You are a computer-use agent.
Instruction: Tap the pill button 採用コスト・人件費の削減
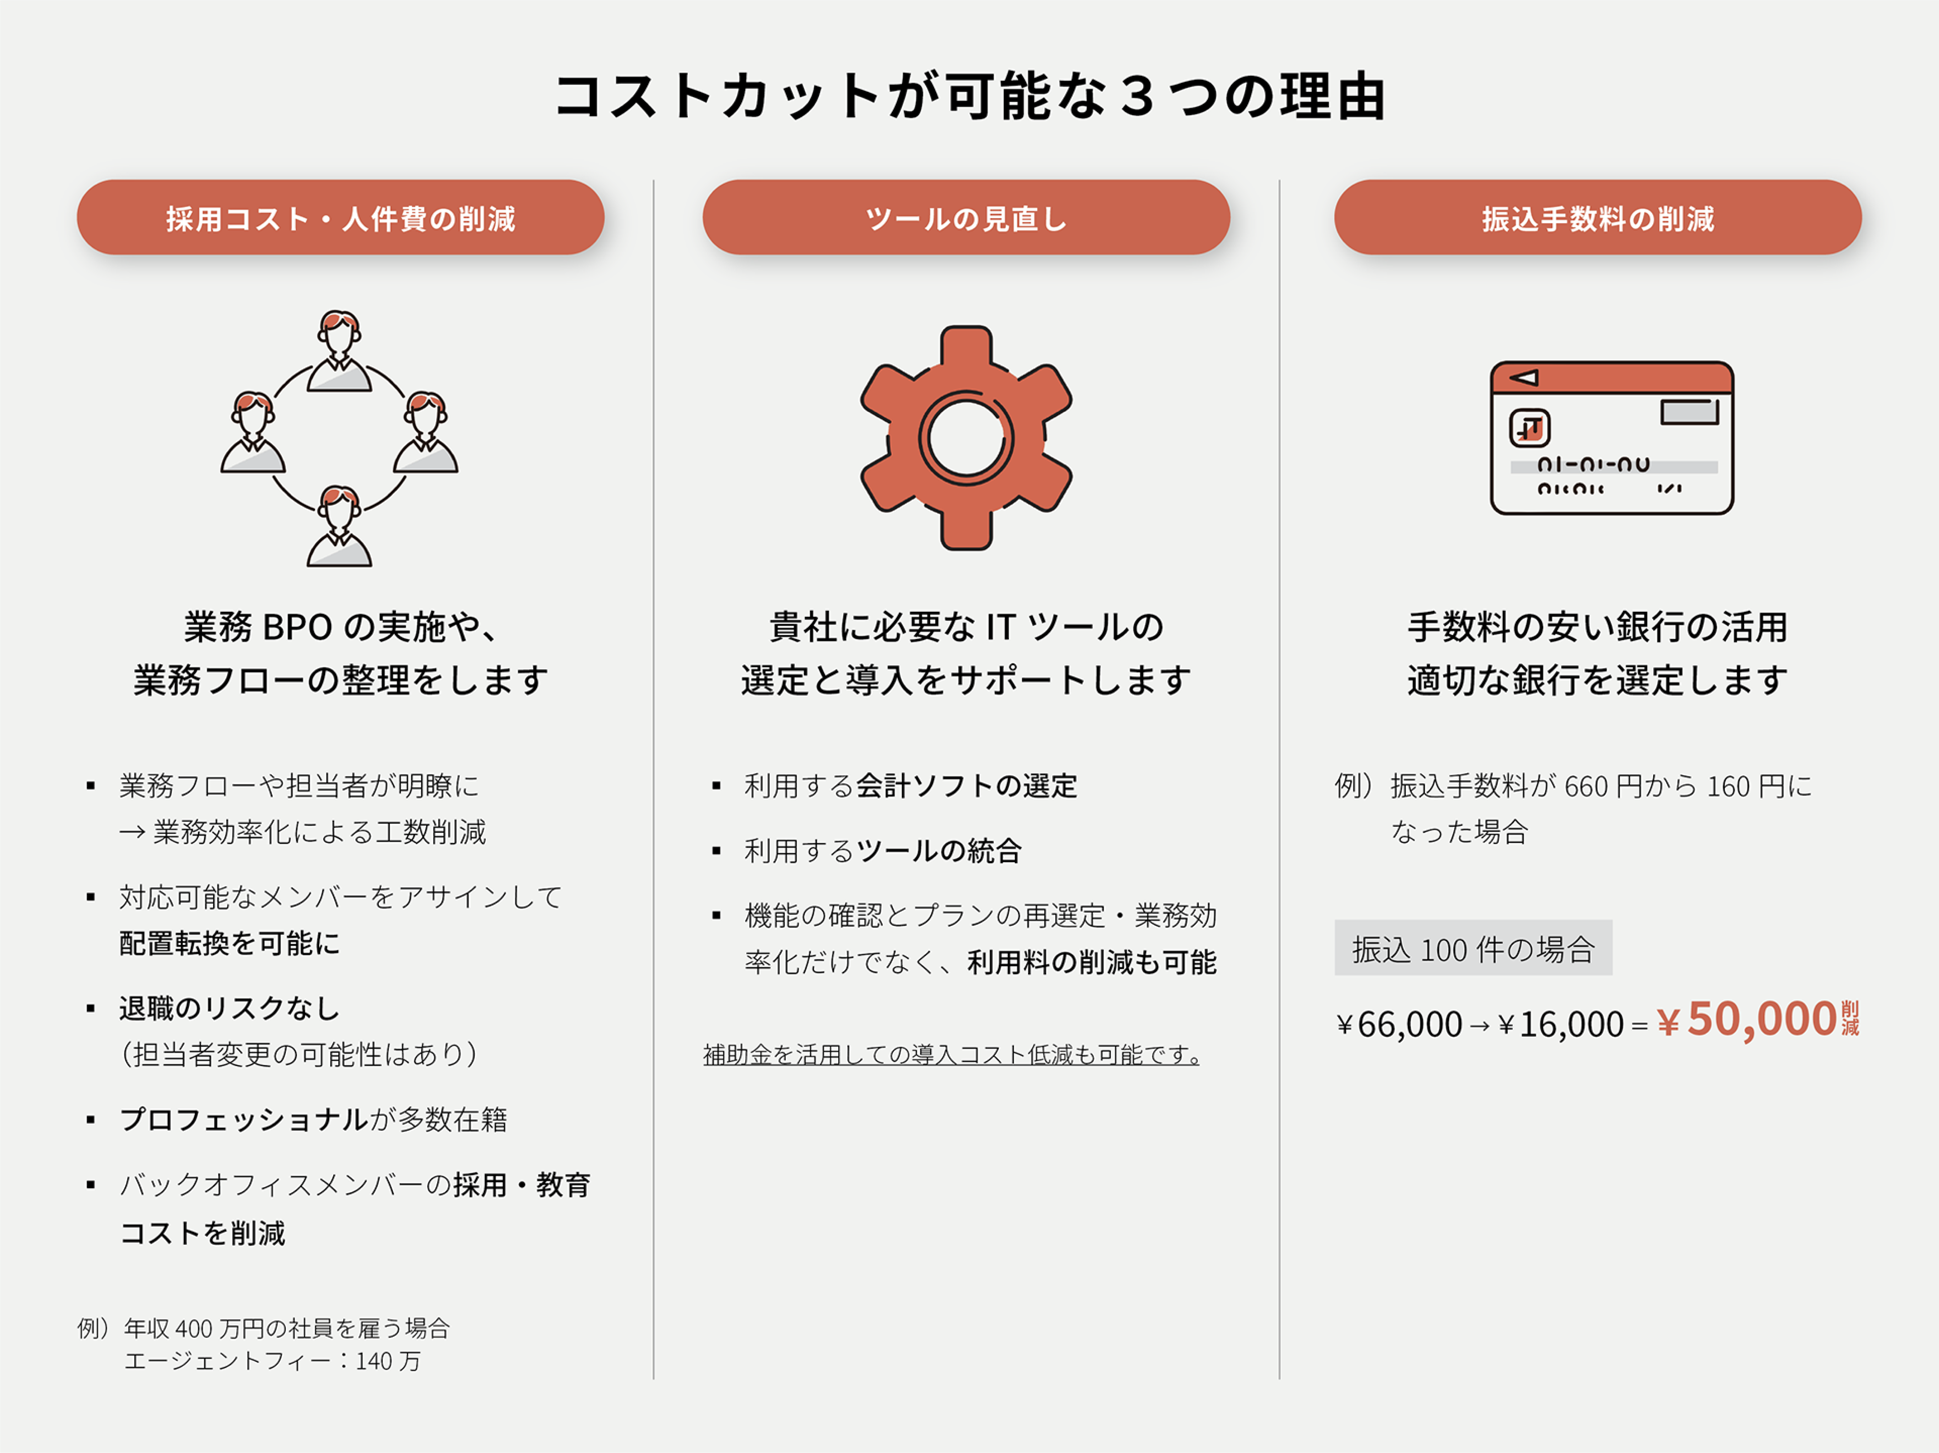(x=340, y=218)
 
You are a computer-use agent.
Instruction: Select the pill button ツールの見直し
(x=966, y=218)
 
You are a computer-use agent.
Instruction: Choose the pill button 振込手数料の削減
(x=1597, y=218)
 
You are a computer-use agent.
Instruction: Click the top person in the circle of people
(x=339, y=350)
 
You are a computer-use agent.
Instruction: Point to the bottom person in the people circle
(x=339, y=526)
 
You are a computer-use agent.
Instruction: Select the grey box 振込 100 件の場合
(x=1473, y=948)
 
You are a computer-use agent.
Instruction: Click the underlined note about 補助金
(x=951, y=1054)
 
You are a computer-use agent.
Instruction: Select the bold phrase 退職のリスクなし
(x=230, y=1009)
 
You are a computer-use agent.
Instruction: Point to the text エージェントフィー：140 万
(x=272, y=1361)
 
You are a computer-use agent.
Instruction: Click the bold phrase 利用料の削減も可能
(x=1091, y=962)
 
